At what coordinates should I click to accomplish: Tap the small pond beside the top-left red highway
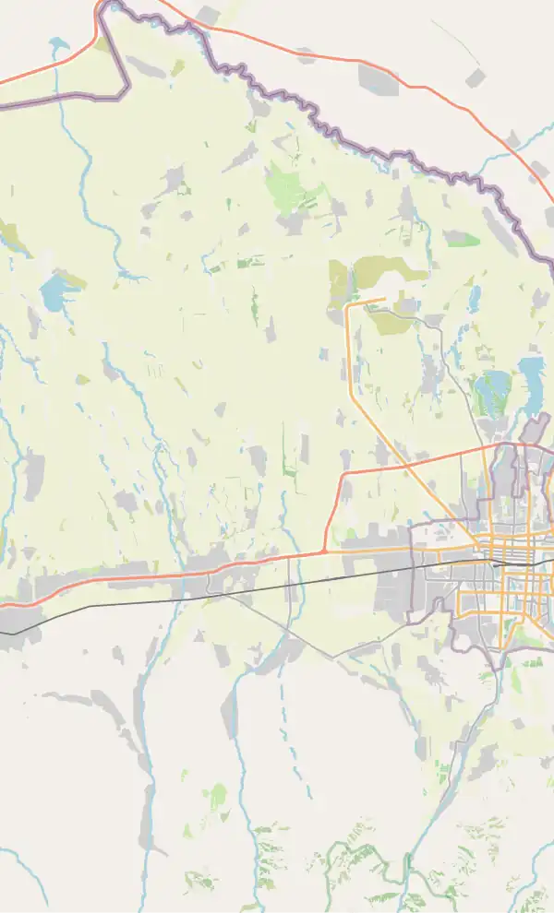(x=58, y=43)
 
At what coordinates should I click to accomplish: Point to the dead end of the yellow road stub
(x=384, y=298)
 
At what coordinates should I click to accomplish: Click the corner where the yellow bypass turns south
(x=348, y=304)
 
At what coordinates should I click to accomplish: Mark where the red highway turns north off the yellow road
(x=325, y=551)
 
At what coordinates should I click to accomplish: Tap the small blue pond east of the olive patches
(x=475, y=298)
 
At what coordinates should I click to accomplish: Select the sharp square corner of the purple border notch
(x=127, y=89)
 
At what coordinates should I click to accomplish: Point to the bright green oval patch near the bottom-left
(x=217, y=795)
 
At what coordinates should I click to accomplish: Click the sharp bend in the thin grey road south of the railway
(x=333, y=657)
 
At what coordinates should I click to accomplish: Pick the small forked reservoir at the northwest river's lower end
(x=129, y=274)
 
